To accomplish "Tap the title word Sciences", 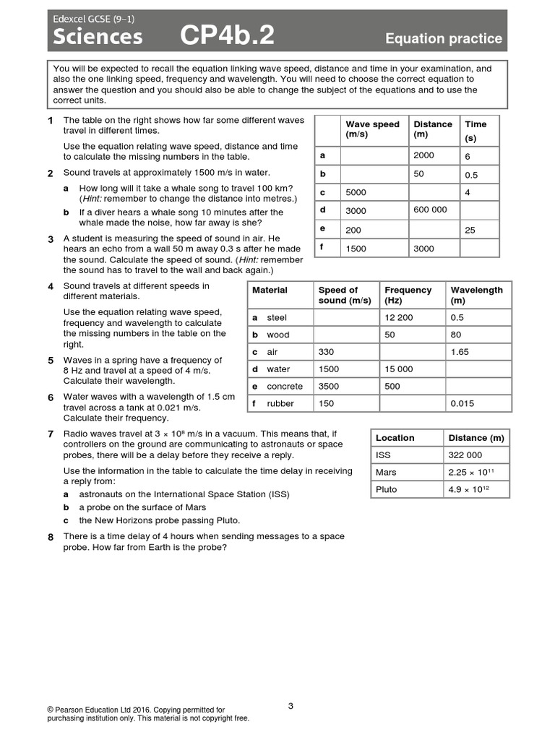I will pyautogui.click(x=95, y=36).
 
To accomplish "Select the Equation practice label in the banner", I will pyautogui.click(x=443, y=38).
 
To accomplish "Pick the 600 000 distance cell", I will pyautogui.click(x=430, y=210).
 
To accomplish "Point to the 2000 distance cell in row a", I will pyautogui.click(x=424, y=155).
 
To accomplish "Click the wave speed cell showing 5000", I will pyautogui.click(x=356, y=193).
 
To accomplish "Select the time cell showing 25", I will pyautogui.click(x=470, y=230).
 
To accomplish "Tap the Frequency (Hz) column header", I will pyautogui.click(x=408, y=295).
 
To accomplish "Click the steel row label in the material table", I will pyautogui.click(x=276, y=317).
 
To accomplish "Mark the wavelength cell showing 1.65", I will pyautogui.click(x=460, y=352).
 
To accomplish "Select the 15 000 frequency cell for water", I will pyautogui.click(x=399, y=369).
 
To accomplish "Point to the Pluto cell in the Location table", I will pyautogui.click(x=387, y=489).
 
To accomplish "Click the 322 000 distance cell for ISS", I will pyautogui.click(x=466, y=455).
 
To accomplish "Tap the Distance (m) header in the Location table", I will pyautogui.click(x=476, y=438).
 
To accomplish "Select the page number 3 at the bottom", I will pyautogui.click(x=291, y=706).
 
